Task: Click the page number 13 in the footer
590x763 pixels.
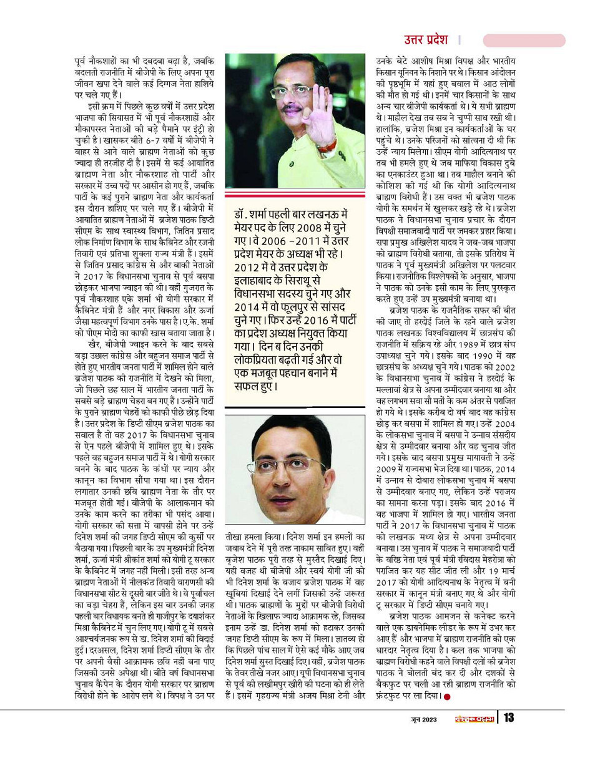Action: pyautogui.click(x=508, y=717)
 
